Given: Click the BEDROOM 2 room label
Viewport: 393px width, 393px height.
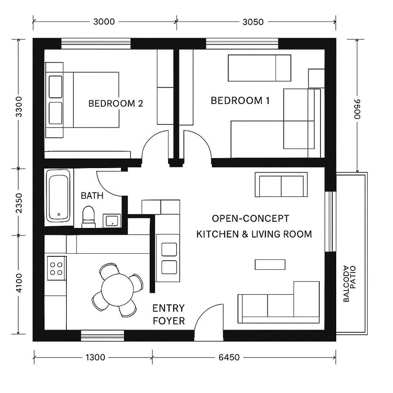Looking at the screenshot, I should pos(116,103).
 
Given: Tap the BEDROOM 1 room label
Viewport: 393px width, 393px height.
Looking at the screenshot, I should pos(240,101).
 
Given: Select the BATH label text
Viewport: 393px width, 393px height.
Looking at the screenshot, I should pos(92,196).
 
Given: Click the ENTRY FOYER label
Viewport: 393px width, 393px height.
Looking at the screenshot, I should pos(169,314).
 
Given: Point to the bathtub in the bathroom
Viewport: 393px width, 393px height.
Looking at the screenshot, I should pos(59,195).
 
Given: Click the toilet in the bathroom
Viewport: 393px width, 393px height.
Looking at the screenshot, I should pos(88,216).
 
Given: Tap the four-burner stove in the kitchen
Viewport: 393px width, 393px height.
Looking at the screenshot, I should pos(56,268).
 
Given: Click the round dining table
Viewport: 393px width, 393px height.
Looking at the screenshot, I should pos(117,289).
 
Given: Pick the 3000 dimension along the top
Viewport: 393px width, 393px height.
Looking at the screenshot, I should pos(104,21).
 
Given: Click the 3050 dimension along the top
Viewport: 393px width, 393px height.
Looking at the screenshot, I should pos(253,21).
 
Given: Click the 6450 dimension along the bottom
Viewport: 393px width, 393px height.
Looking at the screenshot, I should pos(229,358).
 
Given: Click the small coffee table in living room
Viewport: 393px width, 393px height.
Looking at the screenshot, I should pos(270,264).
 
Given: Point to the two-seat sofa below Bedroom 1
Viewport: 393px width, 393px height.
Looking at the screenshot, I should pos(281,185).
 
